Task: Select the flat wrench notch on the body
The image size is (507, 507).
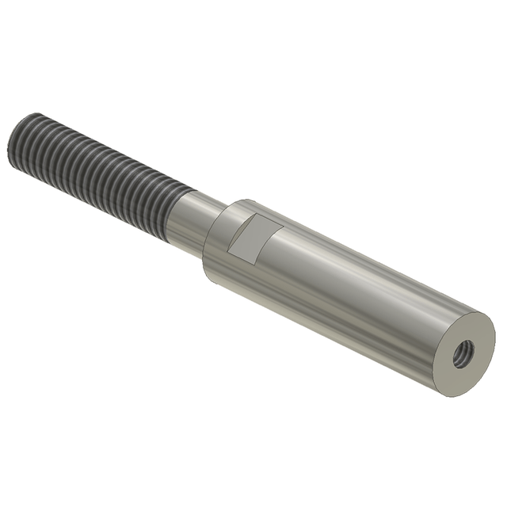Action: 252,239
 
